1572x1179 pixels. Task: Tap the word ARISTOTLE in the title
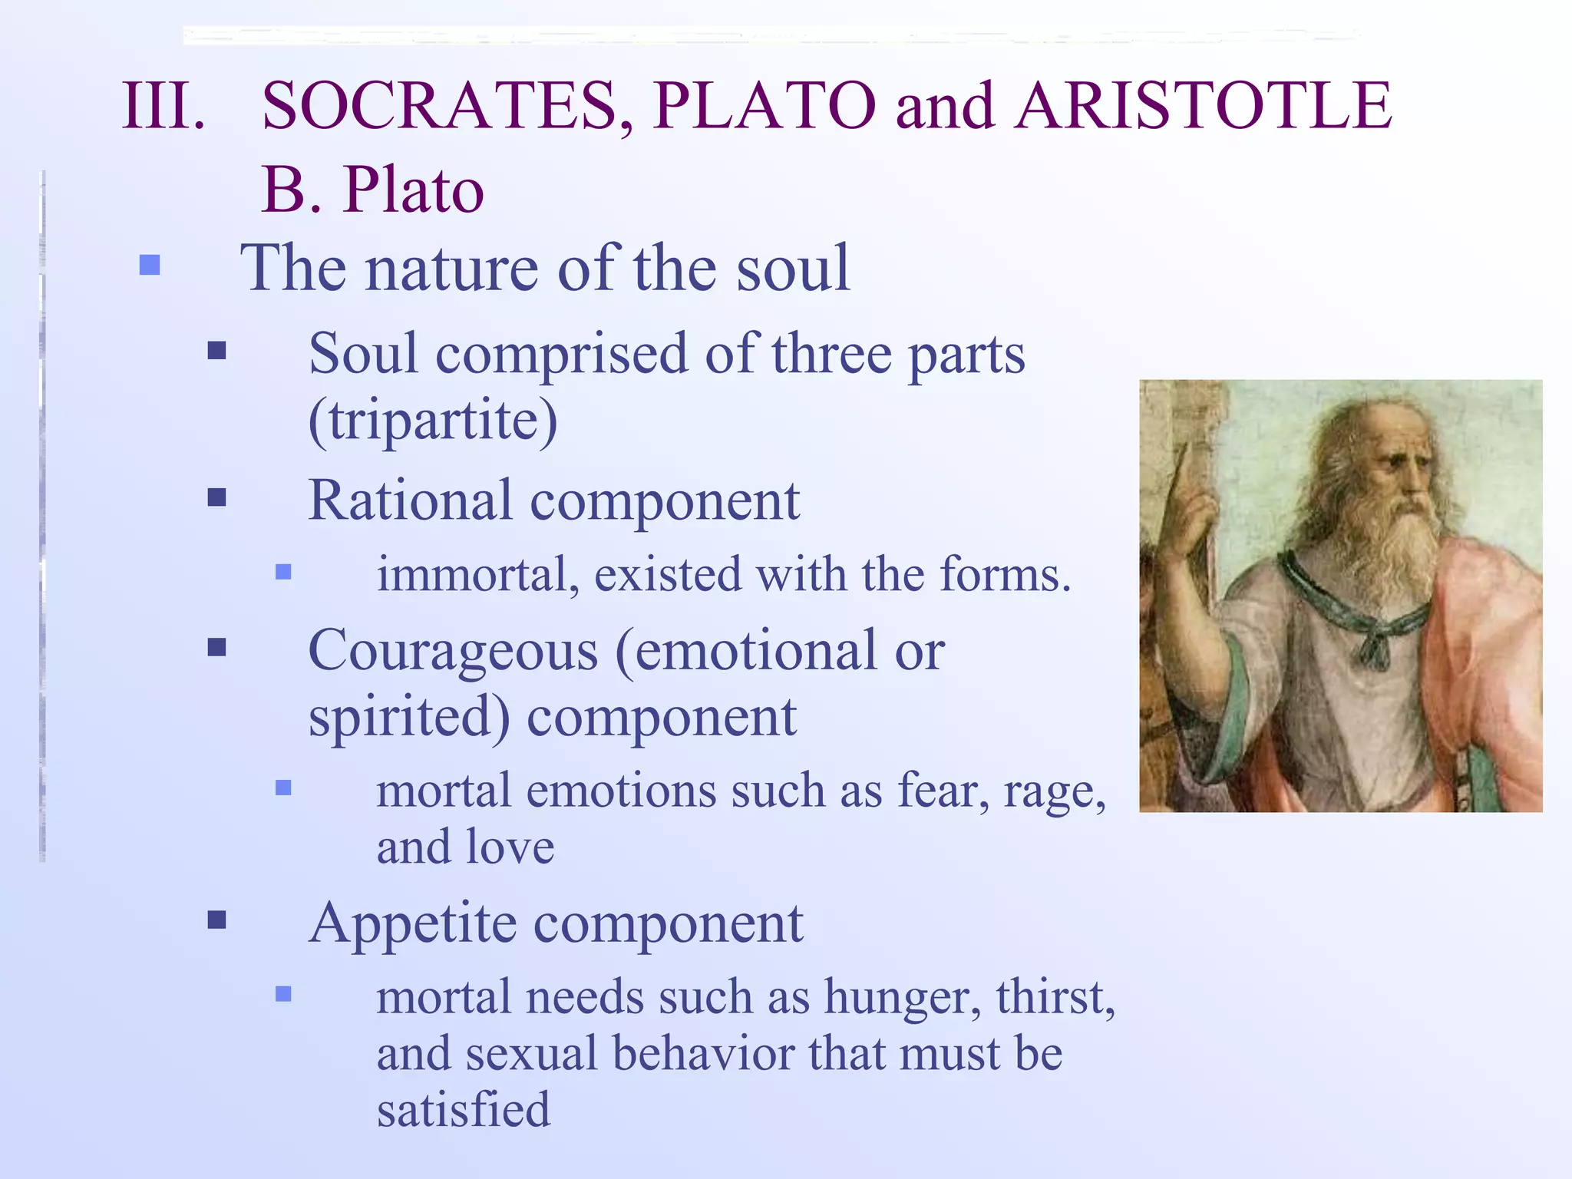click(x=1203, y=106)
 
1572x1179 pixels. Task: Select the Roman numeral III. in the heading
click(x=163, y=106)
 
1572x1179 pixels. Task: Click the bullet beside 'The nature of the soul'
click(x=150, y=266)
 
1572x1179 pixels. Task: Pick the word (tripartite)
click(x=433, y=420)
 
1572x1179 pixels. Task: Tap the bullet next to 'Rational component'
click(x=217, y=498)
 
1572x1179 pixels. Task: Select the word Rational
click(x=410, y=500)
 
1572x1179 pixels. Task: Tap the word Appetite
click(x=412, y=924)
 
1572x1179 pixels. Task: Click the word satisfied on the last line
click(x=464, y=1110)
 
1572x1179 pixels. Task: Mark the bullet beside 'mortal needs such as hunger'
click(x=283, y=995)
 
